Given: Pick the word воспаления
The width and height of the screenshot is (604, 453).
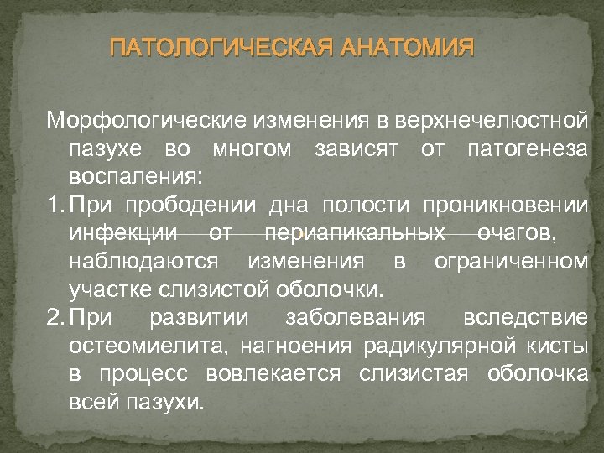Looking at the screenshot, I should coord(133,179).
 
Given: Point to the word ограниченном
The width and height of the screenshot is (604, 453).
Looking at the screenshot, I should coord(511,262).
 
